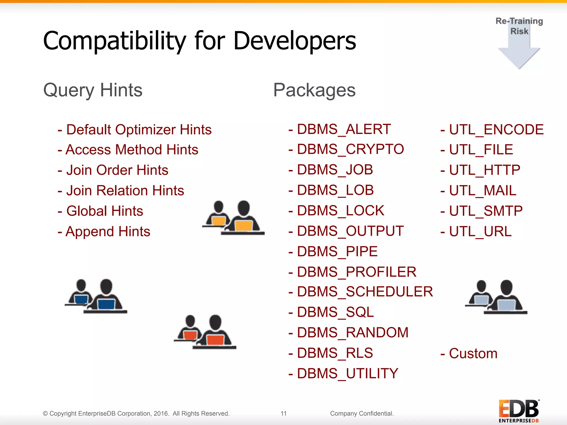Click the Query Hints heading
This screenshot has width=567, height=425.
[93, 90]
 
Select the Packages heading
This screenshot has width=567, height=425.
[314, 90]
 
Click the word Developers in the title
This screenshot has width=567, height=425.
[295, 41]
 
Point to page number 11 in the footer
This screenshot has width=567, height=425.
[283, 413]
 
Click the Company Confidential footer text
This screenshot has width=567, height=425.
[362, 413]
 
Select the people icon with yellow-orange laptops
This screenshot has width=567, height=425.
[233, 218]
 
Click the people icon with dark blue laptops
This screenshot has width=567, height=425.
[96, 296]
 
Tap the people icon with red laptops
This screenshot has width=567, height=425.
[205, 332]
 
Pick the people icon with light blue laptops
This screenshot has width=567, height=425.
[496, 297]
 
